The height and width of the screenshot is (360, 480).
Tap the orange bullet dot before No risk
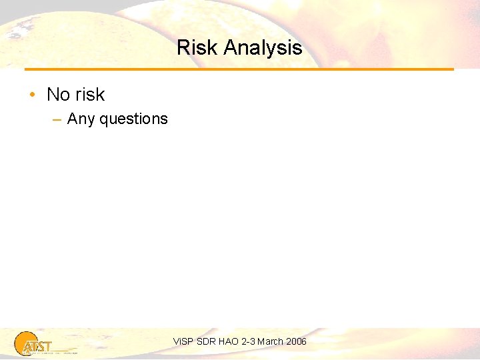click(32, 95)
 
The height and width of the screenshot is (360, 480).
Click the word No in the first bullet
click(58, 95)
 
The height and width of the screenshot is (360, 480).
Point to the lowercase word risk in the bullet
click(89, 95)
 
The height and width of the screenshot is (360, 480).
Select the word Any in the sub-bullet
click(81, 119)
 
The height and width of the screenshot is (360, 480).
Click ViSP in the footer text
click(182, 341)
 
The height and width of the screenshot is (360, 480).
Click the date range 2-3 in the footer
click(249, 341)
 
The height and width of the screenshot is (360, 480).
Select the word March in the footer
click(270, 341)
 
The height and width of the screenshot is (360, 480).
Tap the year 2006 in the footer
click(296, 341)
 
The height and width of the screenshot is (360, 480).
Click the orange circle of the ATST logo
click(25, 342)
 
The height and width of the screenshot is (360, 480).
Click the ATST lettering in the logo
click(37, 347)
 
